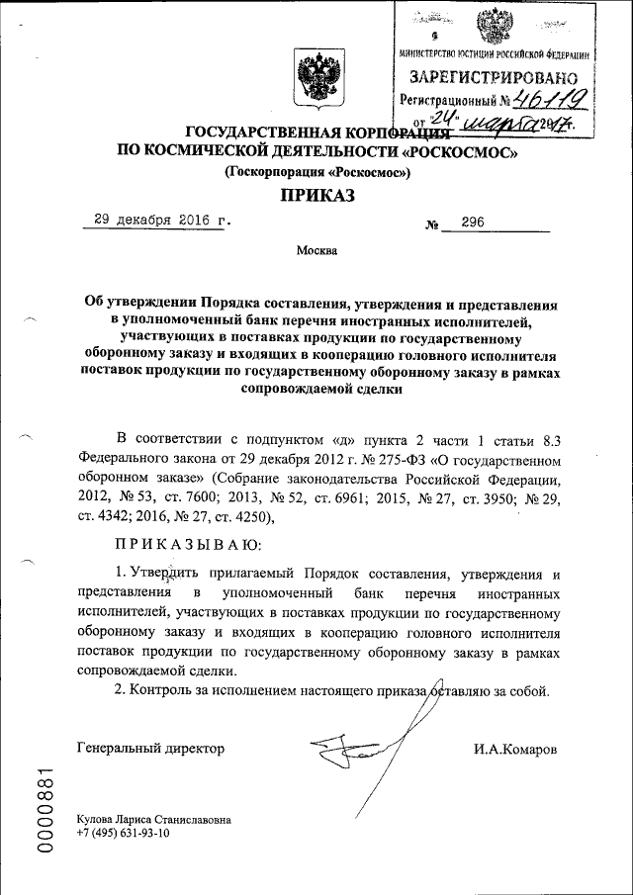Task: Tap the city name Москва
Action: (316, 250)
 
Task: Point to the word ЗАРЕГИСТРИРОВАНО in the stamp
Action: (495, 76)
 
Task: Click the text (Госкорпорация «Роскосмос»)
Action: (316, 172)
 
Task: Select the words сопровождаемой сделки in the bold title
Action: (316, 390)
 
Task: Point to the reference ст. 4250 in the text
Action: (233, 515)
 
